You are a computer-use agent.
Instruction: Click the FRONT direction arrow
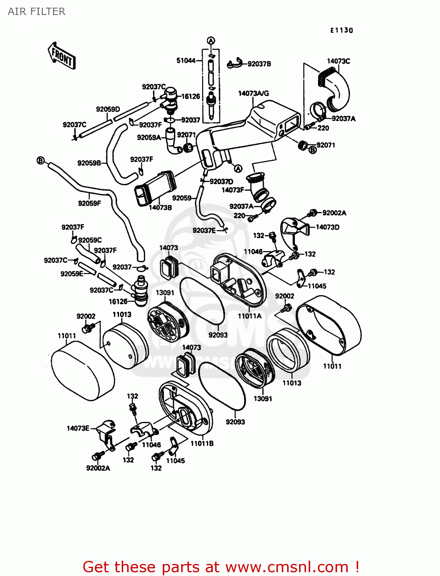click(x=61, y=56)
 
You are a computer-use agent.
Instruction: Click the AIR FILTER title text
click(x=36, y=12)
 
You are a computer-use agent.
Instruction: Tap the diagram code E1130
click(x=341, y=30)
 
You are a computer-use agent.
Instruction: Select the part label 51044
click(x=186, y=60)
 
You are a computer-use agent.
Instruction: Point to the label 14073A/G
click(x=253, y=93)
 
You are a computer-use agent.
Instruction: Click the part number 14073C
click(x=338, y=61)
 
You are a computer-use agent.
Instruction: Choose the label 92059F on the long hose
click(x=89, y=203)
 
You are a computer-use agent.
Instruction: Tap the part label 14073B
click(x=160, y=208)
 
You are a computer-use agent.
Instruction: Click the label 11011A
click(x=250, y=316)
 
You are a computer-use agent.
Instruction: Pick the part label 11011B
click(x=202, y=444)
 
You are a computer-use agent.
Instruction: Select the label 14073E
click(x=78, y=428)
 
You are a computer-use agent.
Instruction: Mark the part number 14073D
click(x=328, y=227)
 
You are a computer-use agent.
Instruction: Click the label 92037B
click(x=259, y=64)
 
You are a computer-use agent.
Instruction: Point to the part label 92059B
click(x=89, y=163)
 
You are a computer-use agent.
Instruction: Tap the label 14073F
click(x=233, y=190)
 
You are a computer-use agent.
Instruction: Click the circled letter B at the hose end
click(x=41, y=160)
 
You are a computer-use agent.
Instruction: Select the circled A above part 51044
click(x=211, y=41)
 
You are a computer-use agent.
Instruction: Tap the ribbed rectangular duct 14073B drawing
click(x=155, y=187)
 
